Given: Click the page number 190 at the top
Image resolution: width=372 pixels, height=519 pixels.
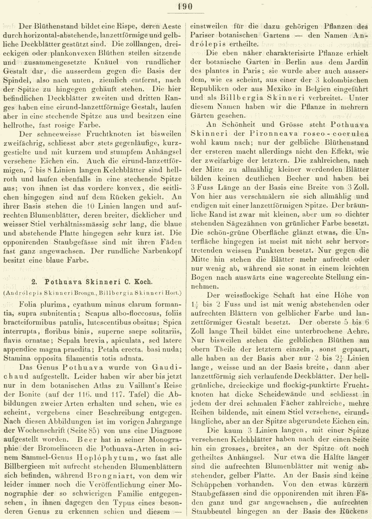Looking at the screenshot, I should [x=186, y=7].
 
